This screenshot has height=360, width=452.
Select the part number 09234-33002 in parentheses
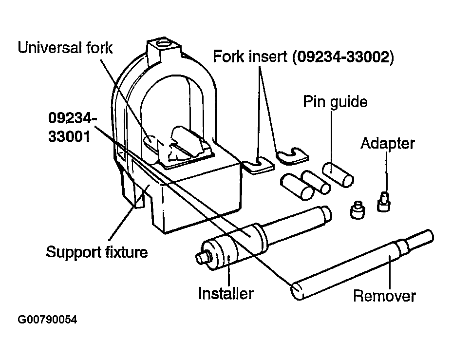(343, 57)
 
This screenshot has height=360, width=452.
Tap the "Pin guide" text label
(335, 102)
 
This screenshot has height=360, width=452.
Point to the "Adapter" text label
(387, 143)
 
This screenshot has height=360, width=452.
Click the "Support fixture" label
(97, 252)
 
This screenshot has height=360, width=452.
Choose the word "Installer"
(226, 293)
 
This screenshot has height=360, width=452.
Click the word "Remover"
(384, 296)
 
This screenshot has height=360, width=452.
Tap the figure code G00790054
(47, 320)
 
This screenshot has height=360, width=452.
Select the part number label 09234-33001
(71, 127)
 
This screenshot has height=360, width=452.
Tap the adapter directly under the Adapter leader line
(384, 202)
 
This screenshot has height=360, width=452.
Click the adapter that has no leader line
(358, 209)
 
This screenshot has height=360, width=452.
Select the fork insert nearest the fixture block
(258, 166)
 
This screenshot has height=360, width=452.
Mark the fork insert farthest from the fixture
(292, 156)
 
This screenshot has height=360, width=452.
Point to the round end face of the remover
(298, 292)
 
